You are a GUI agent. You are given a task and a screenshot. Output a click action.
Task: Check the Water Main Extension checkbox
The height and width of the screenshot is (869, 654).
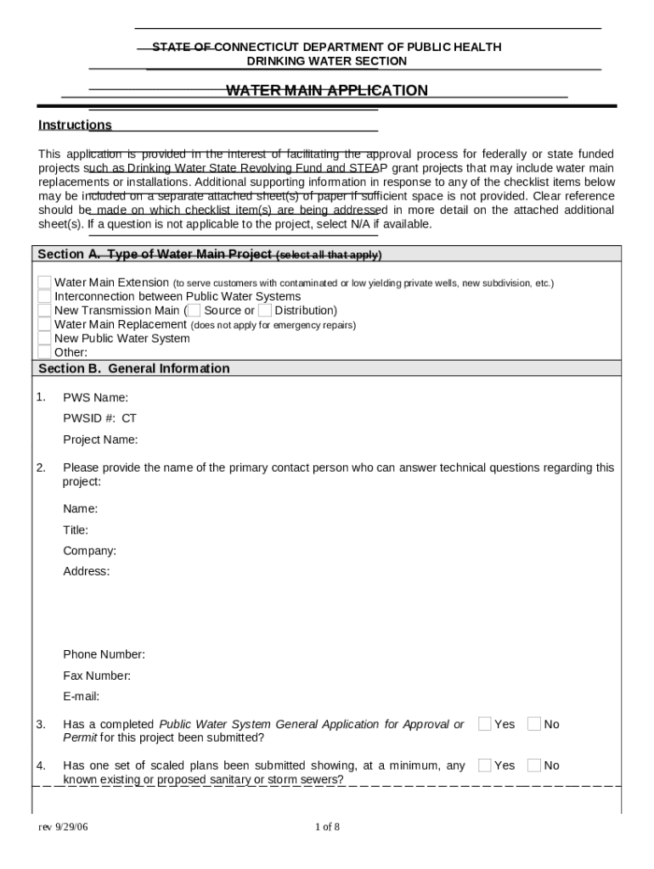pyautogui.click(x=44, y=283)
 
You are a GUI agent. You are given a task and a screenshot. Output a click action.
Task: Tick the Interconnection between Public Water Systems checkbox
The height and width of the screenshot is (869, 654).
pyautogui.click(x=44, y=296)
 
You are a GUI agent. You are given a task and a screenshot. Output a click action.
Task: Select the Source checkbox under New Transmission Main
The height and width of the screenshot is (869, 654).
pyautogui.click(x=194, y=311)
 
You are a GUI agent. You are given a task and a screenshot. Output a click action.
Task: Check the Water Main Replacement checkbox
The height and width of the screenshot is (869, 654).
pyautogui.click(x=44, y=324)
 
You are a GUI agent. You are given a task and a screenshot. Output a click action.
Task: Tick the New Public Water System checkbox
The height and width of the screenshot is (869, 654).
pyautogui.click(x=44, y=338)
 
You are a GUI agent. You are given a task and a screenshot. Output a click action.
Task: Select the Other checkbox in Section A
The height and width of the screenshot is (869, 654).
pyautogui.click(x=44, y=351)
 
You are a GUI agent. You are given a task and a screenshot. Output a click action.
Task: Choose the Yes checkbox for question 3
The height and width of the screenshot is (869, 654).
pyautogui.click(x=485, y=724)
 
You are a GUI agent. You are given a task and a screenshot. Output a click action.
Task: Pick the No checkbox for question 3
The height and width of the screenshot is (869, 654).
pyautogui.click(x=534, y=724)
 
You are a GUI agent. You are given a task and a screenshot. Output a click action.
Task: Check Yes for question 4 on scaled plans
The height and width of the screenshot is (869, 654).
pyautogui.click(x=485, y=765)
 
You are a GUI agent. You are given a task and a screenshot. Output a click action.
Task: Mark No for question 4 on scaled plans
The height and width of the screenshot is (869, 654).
pyautogui.click(x=534, y=765)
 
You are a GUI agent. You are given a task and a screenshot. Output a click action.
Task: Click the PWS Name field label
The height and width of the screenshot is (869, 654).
pyautogui.click(x=95, y=397)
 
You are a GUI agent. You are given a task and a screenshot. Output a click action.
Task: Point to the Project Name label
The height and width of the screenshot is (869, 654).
pyautogui.click(x=100, y=440)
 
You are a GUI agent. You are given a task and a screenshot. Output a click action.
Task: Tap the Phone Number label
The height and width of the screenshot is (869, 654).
pyautogui.click(x=104, y=654)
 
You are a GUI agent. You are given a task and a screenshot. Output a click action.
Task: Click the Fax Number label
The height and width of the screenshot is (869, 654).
pyautogui.click(x=97, y=676)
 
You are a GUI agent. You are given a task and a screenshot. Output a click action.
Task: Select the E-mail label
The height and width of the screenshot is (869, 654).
pyautogui.click(x=82, y=697)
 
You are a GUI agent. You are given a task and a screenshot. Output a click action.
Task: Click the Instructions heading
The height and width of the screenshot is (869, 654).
pyautogui.click(x=75, y=126)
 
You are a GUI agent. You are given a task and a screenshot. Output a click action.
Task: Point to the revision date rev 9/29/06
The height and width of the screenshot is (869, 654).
pyautogui.click(x=63, y=827)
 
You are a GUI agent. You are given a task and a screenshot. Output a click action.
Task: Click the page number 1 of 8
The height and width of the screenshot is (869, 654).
pyautogui.click(x=327, y=827)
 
